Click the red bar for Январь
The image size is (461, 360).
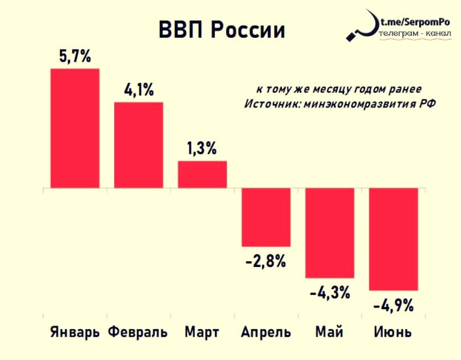pyautogui.click(x=75, y=128)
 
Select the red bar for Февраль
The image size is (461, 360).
pyautogui.click(x=139, y=145)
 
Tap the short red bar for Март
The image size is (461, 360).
pyautogui.click(x=202, y=174)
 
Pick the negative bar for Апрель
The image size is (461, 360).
pyautogui.click(x=266, y=217)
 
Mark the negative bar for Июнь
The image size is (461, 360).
pyautogui.click(x=394, y=239)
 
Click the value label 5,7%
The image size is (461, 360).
pyautogui.click(x=75, y=57)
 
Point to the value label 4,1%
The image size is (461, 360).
pyautogui.click(x=139, y=90)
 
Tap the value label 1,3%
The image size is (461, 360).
pyautogui.click(x=202, y=149)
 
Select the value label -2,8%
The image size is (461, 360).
pyautogui.click(x=266, y=262)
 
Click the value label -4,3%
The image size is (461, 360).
pyautogui.click(x=330, y=294)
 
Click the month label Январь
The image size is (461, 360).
pyautogui.click(x=75, y=333)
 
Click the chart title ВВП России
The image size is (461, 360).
pyautogui.click(x=221, y=30)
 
